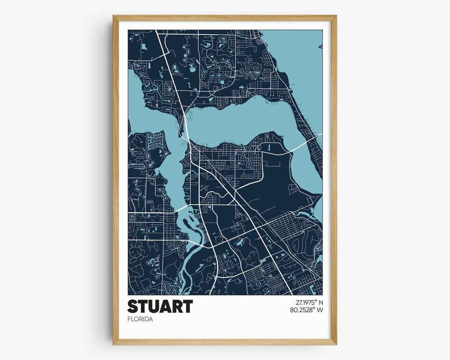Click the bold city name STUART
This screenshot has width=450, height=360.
[x=160, y=306]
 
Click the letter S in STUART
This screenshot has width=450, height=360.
[x=132, y=306]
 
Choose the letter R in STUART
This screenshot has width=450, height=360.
[x=177, y=306]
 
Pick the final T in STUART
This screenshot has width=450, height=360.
[x=187, y=306]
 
